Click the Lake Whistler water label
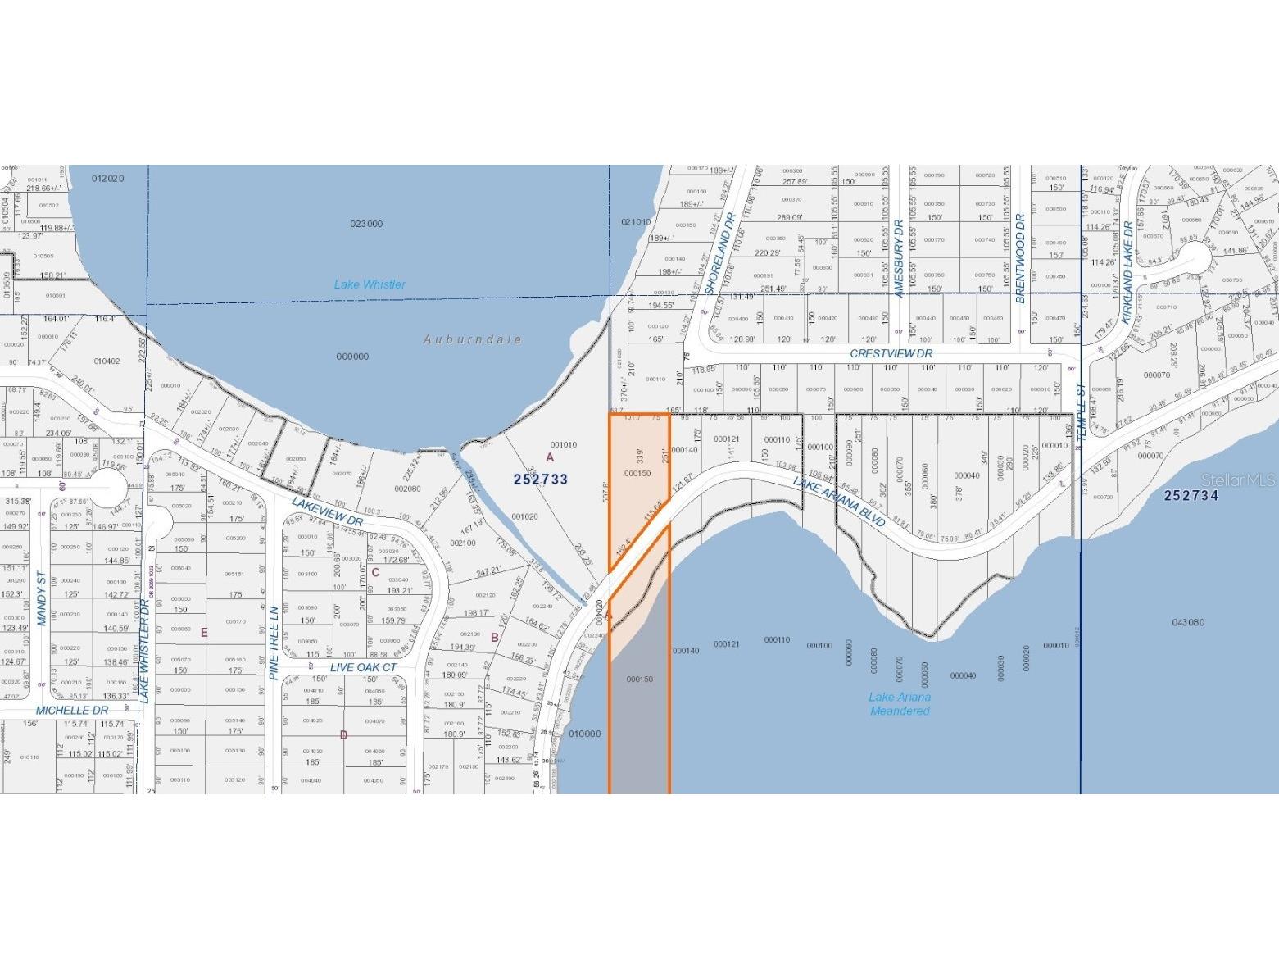370,284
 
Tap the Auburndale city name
473,339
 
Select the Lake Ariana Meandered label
900,704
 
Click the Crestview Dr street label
891,353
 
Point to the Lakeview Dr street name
327,509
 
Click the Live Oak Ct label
363,667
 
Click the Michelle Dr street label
72,711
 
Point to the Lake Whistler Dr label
144,650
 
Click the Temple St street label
1081,412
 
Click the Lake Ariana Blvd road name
839,502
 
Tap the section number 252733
541,479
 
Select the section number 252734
1191,495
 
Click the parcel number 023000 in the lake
366,224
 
